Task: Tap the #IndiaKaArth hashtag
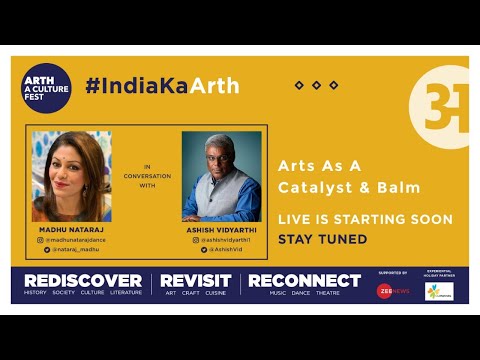[x=162, y=86]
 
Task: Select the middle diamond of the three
[x=317, y=86]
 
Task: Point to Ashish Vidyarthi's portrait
[x=221, y=176]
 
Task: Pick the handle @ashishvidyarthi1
[x=225, y=240]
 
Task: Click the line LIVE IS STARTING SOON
[x=365, y=219]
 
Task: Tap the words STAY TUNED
[x=322, y=239]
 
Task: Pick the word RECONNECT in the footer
[x=304, y=280]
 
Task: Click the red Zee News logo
[x=386, y=290]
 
